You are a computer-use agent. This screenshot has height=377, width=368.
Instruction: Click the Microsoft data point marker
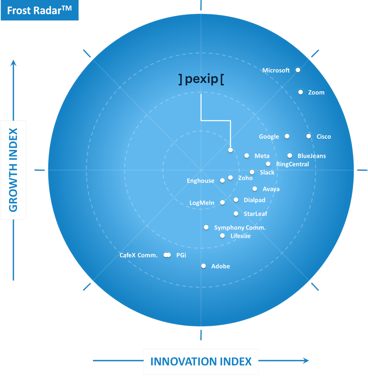point(298,70)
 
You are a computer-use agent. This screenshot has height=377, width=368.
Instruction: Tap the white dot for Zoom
point(300,92)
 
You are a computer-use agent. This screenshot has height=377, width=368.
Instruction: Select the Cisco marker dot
point(309,136)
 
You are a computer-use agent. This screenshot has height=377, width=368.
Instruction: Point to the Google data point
point(287,136)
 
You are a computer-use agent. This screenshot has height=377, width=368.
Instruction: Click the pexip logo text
point(201,79)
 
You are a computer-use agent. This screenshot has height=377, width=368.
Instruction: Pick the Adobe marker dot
point(203,266)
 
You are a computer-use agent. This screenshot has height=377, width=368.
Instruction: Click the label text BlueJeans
point(311,156)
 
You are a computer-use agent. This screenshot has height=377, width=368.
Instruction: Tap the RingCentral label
point(293,164)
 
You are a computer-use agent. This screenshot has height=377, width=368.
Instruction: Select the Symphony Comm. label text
point(240,228)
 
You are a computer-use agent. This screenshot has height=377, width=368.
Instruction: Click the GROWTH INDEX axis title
point(13,170)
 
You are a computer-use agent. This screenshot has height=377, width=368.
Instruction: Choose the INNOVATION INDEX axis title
point(201,361)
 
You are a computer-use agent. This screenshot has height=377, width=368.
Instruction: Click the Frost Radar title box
point(40,10)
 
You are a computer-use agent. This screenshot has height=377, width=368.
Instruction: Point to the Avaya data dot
point(255,188)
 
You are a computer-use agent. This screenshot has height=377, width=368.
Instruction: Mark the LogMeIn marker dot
point(223,202)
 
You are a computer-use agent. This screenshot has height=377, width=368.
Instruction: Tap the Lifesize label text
point(241,236)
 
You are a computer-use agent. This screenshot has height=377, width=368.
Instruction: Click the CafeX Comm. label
point(138,255)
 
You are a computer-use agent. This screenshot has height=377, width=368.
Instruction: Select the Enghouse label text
point(201,181)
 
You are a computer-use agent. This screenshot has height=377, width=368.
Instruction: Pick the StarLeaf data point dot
point(236,213)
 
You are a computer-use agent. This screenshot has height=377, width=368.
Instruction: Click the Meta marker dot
point(247,156)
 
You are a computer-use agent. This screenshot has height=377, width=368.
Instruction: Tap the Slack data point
point(252,172)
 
